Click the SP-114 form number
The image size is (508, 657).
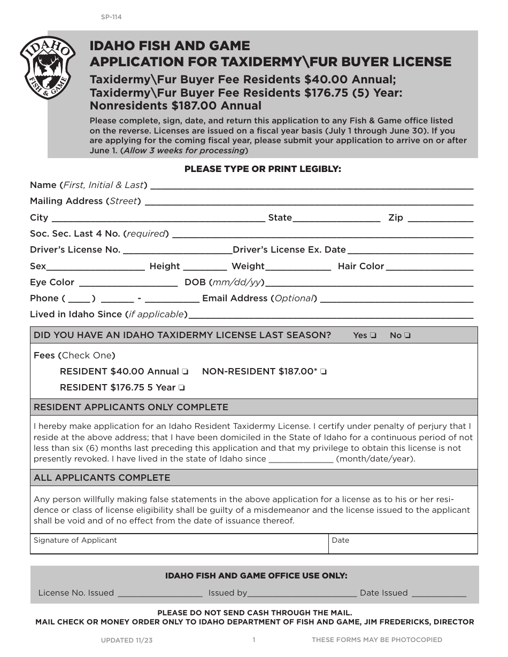[x=111, y=17]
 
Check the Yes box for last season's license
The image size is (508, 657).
[x=373, y=335]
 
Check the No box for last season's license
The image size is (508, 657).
[x=407, y=335]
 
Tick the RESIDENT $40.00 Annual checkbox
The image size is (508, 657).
[x=185, y=372]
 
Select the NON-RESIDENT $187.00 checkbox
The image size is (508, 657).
[x=324, y=372]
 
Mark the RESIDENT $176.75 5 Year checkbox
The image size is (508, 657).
[x=182, y=388]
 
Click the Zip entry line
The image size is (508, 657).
[x=441, y=219]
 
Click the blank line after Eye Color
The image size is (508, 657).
[x=128, y=284]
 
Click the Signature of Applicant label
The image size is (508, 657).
[x=75, y=540]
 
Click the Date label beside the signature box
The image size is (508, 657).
[x=340, y=540]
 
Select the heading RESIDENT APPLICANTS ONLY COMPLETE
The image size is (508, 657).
[x=131, y=407]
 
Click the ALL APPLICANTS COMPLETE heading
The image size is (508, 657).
[x=102, y=478]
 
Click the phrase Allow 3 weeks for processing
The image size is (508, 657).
[x=184, y=151]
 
